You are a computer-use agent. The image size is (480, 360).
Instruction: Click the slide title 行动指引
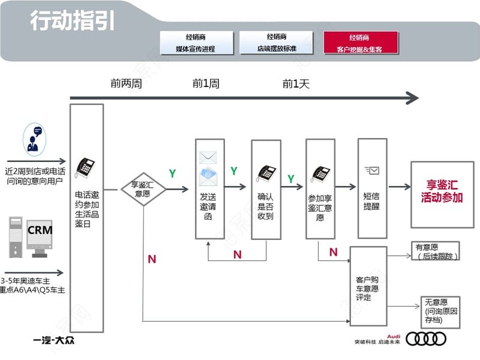click(72, 21)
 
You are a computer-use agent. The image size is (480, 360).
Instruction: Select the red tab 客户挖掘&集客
click(361, 43)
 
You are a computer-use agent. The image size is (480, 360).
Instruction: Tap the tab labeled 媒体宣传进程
click(195, 43)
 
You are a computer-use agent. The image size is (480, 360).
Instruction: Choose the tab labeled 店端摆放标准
click(277, 43)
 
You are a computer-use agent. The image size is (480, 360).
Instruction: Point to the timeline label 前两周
click(126, 84)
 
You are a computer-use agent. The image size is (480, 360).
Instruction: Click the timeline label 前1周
click(206, 84)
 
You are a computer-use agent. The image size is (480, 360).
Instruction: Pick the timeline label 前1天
click(296, 84)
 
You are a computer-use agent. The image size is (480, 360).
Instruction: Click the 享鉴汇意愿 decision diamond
click(143, 189)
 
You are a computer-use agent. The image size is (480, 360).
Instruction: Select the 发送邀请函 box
click(209, 189)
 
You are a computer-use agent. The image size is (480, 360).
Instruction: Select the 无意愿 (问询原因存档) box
click(440, 311)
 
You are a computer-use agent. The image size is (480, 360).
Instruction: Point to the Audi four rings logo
click(426, 339)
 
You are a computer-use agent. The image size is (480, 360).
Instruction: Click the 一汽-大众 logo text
click(55, 341)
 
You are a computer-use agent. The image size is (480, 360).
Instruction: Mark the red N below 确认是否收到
click(238, 254)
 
